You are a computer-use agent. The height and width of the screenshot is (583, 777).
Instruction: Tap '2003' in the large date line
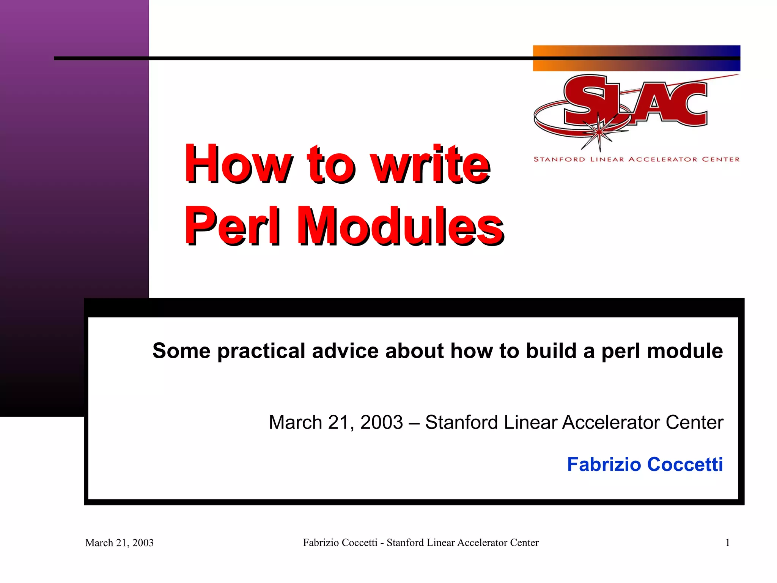click(x=381, y=422)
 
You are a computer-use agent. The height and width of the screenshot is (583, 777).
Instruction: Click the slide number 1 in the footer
click(x=727, y=543)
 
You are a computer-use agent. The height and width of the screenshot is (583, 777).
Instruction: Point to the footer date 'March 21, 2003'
click(x=119, y=543)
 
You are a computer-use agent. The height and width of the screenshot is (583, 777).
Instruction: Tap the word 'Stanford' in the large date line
click(x=461, y=422)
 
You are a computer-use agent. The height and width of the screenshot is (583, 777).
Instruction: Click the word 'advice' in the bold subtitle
click(x=345, y=351)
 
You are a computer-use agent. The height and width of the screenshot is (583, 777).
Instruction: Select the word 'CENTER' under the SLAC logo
click(x=720, y=159)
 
